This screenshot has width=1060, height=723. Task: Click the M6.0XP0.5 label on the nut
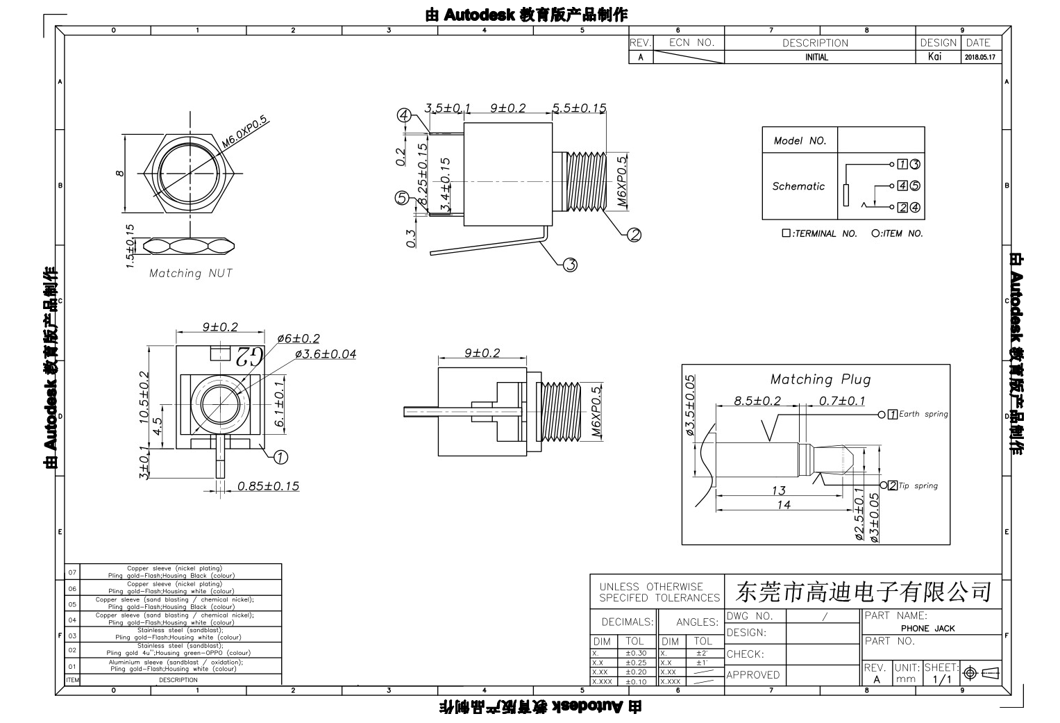[245, 132]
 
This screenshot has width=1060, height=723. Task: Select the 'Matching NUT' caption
[191, 274]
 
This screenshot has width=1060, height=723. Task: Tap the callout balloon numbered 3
[570, 265]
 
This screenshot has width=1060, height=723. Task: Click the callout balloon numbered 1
[280, 456]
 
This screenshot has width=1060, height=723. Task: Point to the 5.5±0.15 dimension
[580, 108]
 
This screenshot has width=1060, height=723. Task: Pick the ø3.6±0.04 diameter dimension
[325, 354]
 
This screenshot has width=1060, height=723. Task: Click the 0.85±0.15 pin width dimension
[268, 486]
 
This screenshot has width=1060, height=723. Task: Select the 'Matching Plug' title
[820, 379]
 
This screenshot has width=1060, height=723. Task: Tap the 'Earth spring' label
[923, 414]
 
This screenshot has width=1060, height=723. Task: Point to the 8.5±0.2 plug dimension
[757, 401]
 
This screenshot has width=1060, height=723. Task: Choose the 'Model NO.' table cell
[800, 141]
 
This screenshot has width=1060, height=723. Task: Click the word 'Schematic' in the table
[798, 186]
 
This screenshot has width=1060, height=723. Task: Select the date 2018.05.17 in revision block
[979, 58]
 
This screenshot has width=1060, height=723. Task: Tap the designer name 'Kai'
[934, 57]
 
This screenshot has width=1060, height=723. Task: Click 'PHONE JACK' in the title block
[927, 629]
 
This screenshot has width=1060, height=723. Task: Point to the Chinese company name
[863, 592]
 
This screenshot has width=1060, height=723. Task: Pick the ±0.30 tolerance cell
[635, 653]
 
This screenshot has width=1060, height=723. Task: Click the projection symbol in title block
[980, 672]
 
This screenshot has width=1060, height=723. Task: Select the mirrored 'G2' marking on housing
[248, 356]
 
